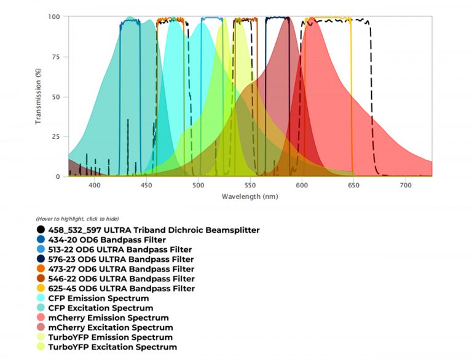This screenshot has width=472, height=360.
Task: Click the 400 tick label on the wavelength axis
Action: pyautogui.click(x=94, y=185)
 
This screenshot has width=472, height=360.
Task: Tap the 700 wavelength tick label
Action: pyautogui.click(x=406, y=185)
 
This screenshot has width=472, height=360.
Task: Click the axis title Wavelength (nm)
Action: pyautogui.click(x=250, y=197)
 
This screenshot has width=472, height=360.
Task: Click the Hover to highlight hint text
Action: pyautogui.click(x=77, y=219)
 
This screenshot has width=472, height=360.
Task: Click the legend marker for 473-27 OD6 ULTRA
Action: pyautogui.click(x=40, y=269)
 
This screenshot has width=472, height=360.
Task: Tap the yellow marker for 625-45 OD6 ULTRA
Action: pyautogui.click(x=40, y=289)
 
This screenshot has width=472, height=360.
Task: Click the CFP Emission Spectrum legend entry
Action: pyautogui.click(x=101, y=298)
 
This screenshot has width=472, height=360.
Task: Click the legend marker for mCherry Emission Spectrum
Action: pyautogui.click(x=40, y=318)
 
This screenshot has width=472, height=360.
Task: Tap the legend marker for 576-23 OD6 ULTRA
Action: pyautogui.click(x=40, y=259)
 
